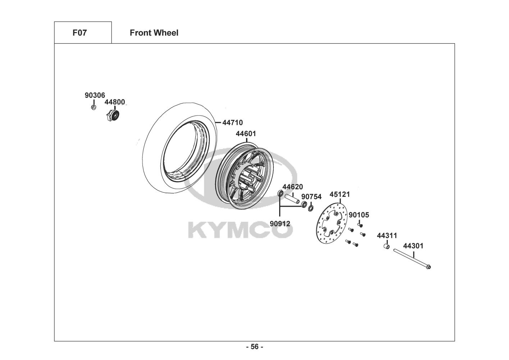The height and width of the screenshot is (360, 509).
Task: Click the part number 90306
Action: [x=95, y=95]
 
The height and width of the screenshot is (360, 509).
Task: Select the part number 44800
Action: [x=115, y=102]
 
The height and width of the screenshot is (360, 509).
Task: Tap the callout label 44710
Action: [x=232, y=122]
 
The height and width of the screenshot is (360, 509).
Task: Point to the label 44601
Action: [x=246, y=134]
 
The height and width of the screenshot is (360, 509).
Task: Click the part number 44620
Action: [x=293, y=187]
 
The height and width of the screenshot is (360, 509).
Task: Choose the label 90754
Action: [x=312, y=197]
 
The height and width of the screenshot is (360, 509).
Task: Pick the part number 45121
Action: [x=340, y=194]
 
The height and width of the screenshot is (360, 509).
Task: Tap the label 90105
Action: [x=359, y=215]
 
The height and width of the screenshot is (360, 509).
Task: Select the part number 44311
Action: [x=387, y=235]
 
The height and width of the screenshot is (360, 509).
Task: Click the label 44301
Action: [x=413, y=246]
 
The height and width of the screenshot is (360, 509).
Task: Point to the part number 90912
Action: [x=280, y=224]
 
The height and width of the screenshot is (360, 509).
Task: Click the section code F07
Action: [x=80, y=33]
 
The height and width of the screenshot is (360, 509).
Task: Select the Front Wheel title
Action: [x=154, y=33]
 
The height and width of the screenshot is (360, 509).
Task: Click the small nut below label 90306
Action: [x=94, y=107]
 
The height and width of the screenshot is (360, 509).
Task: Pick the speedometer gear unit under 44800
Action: [x=113, y=116]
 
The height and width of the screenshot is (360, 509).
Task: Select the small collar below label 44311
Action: [x=387, y=246]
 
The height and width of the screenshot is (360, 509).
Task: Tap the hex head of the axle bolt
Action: [x=428, y=267]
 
